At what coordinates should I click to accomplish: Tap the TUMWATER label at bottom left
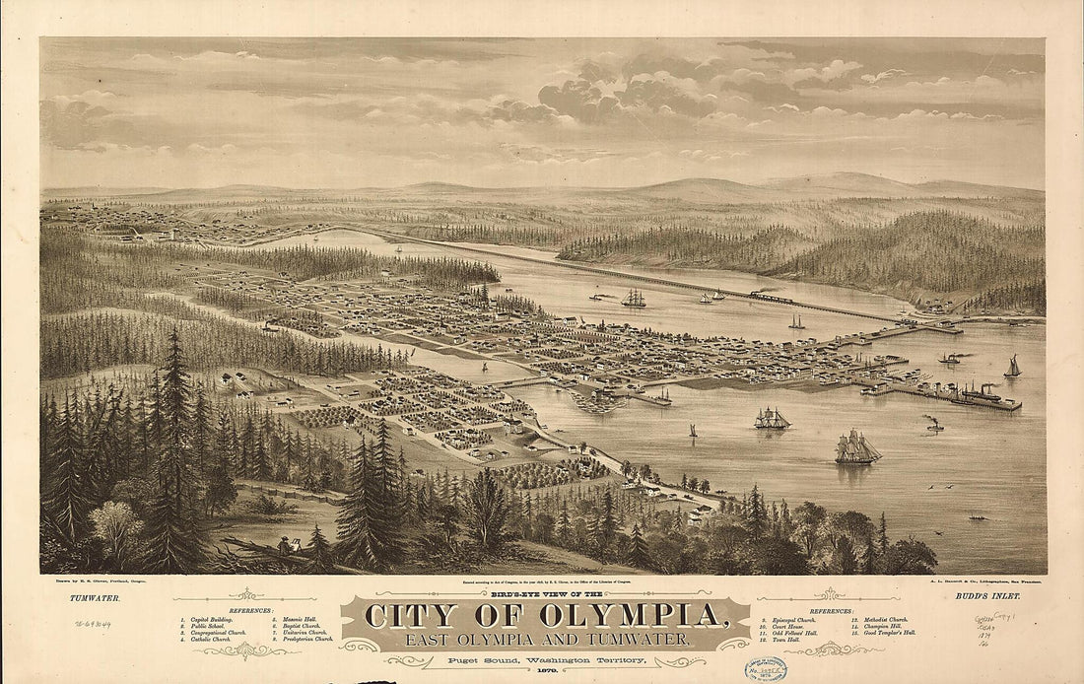click(x=93, y=598)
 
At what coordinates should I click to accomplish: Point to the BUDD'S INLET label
click(x=989, y=598)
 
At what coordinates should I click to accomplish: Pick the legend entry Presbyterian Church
click(x=305, y=640)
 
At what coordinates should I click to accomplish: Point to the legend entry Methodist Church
click(x=881, y=619)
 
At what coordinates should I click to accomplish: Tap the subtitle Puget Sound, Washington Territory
click(x=545, y=659)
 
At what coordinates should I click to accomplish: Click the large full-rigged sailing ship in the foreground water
click(x=856, y=447)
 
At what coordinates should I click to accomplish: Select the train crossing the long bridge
click(x=771, y=297)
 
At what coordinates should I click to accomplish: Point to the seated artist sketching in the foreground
click(x=284, y=545)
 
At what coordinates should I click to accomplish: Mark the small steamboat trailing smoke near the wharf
click(x=932, y=425)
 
